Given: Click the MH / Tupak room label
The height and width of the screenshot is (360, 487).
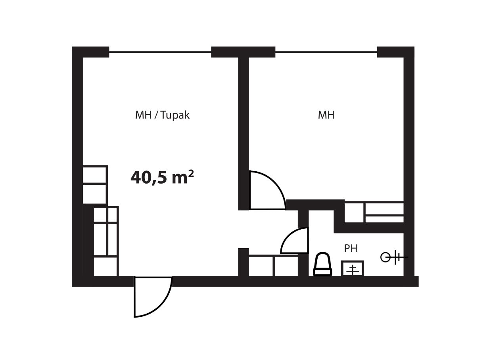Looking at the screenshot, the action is (x=162, y=115).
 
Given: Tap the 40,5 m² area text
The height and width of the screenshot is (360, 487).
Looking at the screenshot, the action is (x=162, y=177).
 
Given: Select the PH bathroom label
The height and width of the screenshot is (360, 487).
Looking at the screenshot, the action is (x=351, y=249).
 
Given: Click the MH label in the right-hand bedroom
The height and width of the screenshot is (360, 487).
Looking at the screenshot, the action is (x=326, y=115).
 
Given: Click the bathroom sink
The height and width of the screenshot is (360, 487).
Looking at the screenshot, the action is (x=353, y=268).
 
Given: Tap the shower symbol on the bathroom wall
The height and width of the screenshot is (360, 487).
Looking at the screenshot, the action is (x=394, y=257).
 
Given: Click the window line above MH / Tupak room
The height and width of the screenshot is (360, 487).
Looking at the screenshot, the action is (x=160, y=52).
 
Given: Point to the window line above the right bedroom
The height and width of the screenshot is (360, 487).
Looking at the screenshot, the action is (x=326, y=52).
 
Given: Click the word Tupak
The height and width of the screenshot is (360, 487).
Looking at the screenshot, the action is (x=175, y=115).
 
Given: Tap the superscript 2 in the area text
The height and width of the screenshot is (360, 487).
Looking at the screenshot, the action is (x=191, y=173).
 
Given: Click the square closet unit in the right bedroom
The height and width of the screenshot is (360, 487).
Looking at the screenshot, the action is (x=354, y=213).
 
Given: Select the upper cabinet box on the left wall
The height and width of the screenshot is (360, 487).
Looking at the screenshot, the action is (x=95, y=174).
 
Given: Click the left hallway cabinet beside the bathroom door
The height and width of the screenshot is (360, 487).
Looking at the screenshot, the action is (x=261, y=266).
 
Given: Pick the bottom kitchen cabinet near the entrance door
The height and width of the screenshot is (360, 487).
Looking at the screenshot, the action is (x=105, y=266).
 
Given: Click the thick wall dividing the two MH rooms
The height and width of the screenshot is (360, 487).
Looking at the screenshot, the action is (x=243, y=134).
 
